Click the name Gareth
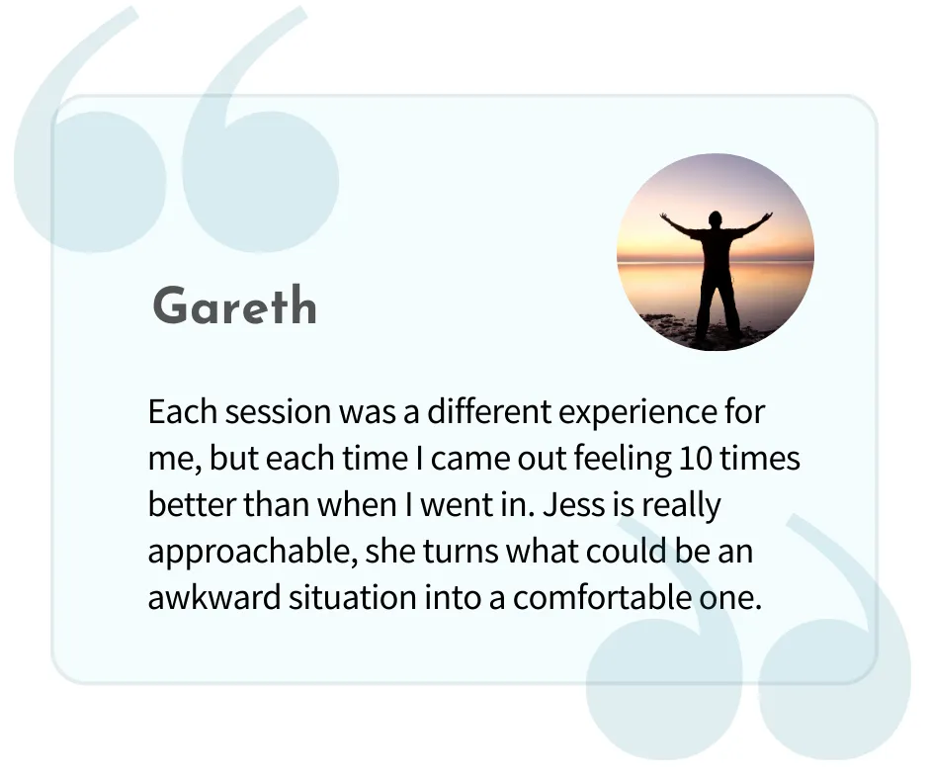(234, 305)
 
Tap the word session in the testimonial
(278, 411)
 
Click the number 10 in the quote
(695, 459)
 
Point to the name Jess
(567, 504)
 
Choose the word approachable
(252, 552)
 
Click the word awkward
(213, 597)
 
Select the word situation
(353, 597)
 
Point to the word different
(489, 411)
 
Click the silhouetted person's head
(716, 218)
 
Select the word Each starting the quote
(183, 411)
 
